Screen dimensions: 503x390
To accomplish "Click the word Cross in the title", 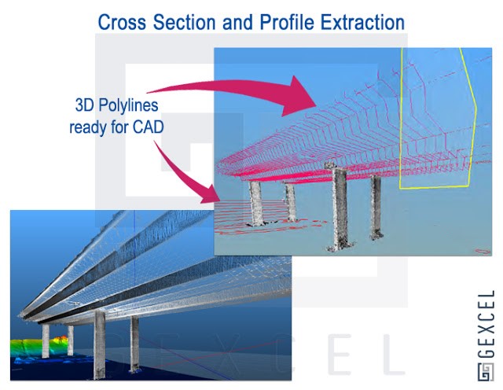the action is [x=122, y=22].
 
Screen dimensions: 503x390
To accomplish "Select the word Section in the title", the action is [x=184, y=22].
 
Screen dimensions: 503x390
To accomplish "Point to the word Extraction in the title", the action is [x=362, y=22].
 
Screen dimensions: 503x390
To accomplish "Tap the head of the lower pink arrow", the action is [x=210, y=195].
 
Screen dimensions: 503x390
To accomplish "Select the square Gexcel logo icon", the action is [x=486, y=373].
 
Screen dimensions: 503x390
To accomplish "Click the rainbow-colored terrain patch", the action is [x=39, y=346].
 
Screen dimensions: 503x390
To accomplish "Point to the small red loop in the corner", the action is [x=483, y=251].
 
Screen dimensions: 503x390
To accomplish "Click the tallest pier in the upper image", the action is [x=340, y=207].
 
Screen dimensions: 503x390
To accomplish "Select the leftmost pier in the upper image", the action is [x=257, y=203].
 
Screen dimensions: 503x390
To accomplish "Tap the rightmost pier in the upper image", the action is [x=376, y=208].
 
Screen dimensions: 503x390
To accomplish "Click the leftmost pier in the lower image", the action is [x=46, y=341].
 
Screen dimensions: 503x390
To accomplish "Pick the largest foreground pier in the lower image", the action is [x=100, y=344].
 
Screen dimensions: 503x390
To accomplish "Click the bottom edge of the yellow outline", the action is [x=433, y=187].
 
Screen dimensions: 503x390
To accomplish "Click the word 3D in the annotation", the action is [x=84, y=105].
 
